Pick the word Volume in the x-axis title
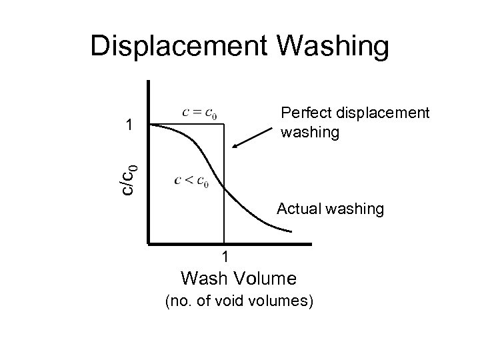pyautogui.click(x=265, y=277)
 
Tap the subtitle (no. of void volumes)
pyautogui.click(x=238, y=301)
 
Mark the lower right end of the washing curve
pyautogui.click(x=291, y=231)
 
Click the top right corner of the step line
pyautogui.click(x=223, y=124)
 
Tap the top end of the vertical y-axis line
pyautogui.click(x=149, y=81)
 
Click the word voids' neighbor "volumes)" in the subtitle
pyautogui.click(x=284, y=301)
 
